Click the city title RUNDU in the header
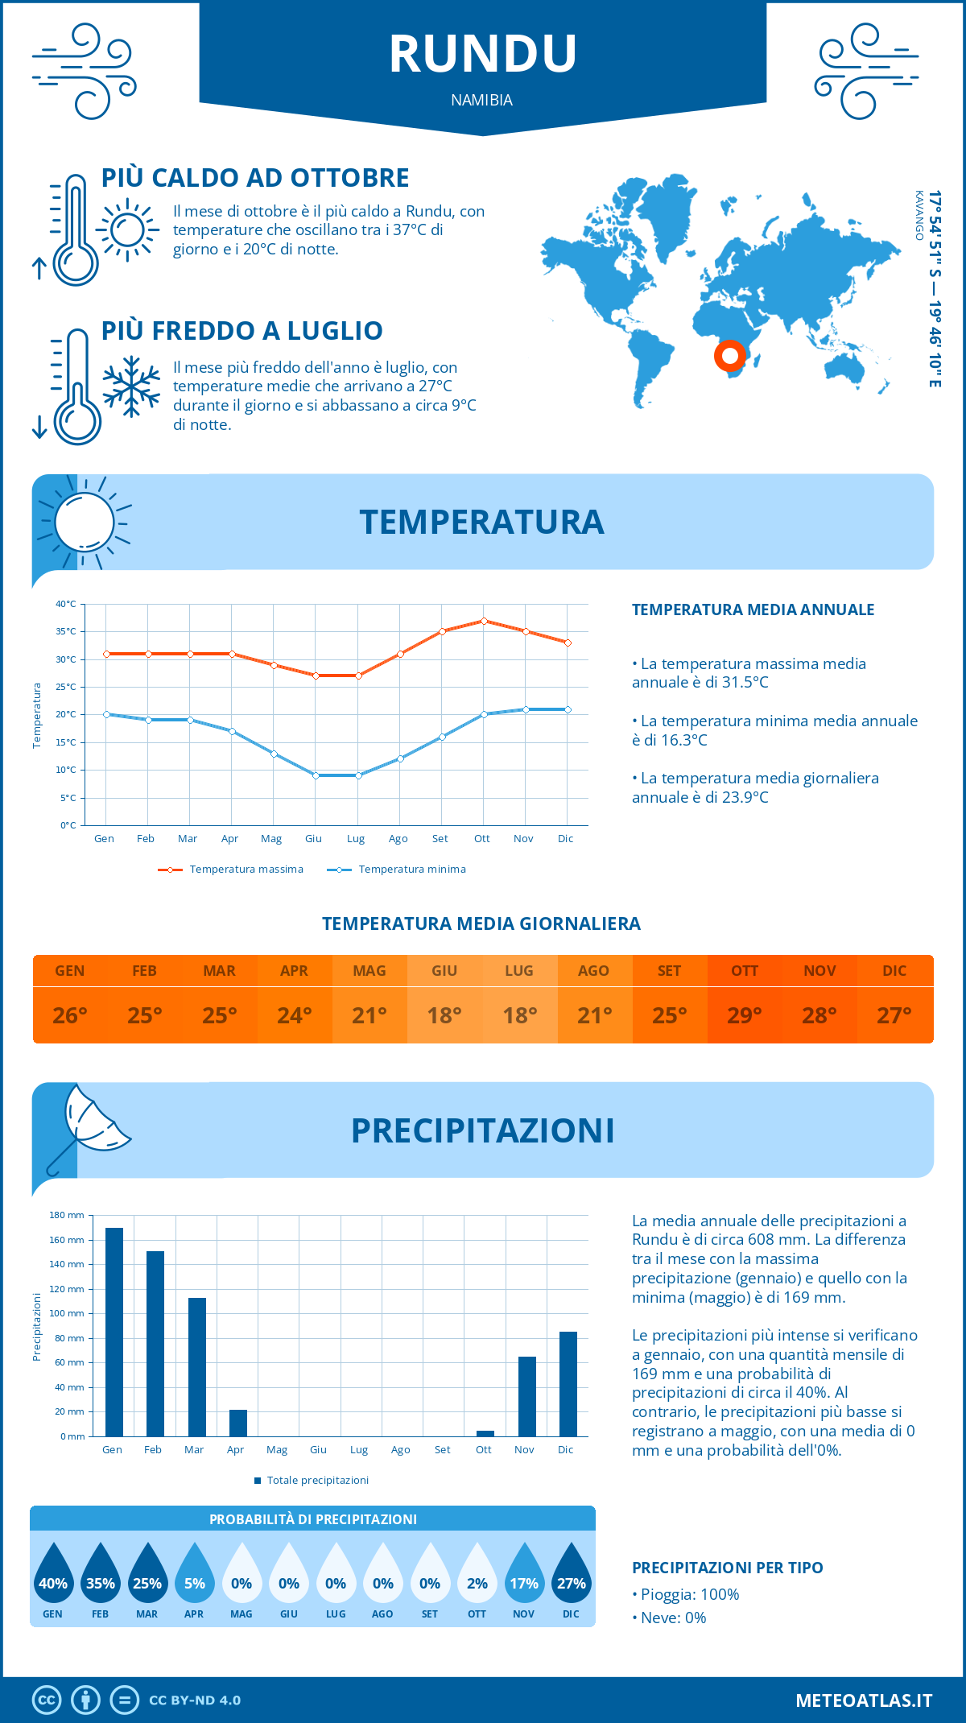point(483,54)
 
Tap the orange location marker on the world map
point(730,355)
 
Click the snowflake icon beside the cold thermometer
point(131,386)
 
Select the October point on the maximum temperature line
point(484,621)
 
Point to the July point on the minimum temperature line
point(358,775)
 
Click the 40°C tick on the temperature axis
point(66,604)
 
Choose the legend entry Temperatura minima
point(411,870)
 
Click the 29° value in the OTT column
point(745,1015)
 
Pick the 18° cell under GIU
point(444,1015)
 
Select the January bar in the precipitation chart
point(114,1332)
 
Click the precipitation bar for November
point(526,1396)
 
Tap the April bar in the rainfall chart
point(237,1423)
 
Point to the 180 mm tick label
point(67,1215)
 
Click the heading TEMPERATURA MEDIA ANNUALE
point(753,609)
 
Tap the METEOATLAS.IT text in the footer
point(863,1700)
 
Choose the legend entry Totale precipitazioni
point(317,1480)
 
